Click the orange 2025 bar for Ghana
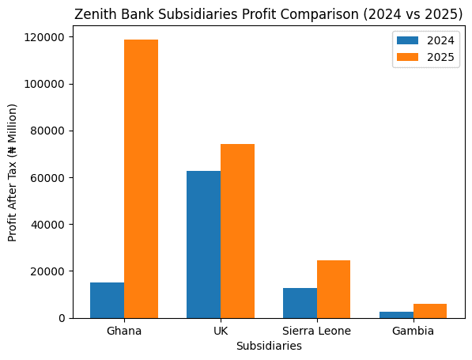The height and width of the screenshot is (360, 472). [x=141, y=179]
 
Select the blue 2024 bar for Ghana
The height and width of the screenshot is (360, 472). [x=107, y=300]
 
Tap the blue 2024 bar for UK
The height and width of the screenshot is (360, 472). [x=203, y=244]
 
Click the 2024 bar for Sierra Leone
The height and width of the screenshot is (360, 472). [x=300, y=303]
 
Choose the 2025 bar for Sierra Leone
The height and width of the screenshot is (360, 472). [x=334, y=289]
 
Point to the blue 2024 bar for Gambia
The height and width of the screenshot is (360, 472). [x=396, y=314]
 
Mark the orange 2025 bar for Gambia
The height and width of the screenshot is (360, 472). [x=430, y=311]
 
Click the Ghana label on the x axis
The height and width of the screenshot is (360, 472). [x=124, y=331]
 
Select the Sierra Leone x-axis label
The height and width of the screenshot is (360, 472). [x=316, y=331]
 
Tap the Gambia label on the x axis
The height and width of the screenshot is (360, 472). [x=413, y=331]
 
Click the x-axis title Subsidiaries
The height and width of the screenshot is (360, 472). [x=268, y=346]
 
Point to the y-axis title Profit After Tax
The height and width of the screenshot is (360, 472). [x=13, y=172]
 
